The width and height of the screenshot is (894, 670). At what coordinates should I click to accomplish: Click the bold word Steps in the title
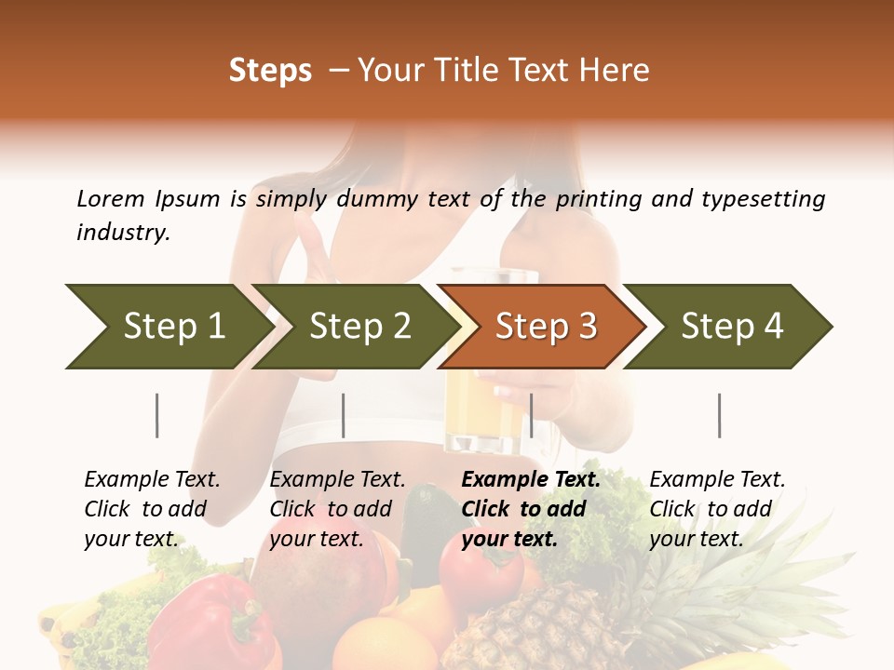tap(270, 70)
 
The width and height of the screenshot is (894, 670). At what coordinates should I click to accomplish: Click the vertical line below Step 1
tap(157, 415)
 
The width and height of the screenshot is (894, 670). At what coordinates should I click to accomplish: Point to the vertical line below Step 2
tap(344, 415)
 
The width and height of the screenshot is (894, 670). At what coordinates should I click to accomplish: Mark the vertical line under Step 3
tap(531, 415)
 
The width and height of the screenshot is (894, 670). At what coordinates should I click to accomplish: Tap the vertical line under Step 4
tap(719, 415)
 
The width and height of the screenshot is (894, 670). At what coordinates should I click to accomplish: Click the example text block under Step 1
tap(152, 509)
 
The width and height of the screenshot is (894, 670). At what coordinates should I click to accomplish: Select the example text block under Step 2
tap(337, 509)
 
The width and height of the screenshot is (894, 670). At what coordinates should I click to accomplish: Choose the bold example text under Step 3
tap(531, 509)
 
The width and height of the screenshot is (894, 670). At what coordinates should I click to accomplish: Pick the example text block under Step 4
tap(717, 509)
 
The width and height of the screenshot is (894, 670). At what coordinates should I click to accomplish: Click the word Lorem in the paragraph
tap(110, 198)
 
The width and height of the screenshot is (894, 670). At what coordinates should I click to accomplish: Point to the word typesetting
tap(763, 199)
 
